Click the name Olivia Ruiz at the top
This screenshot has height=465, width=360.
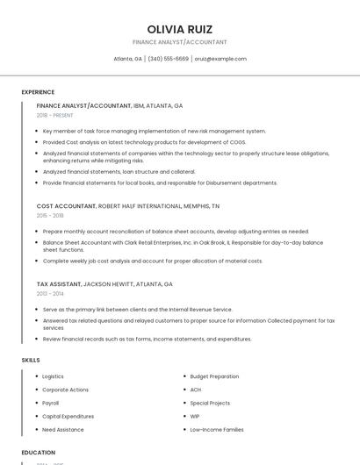coord(180,29)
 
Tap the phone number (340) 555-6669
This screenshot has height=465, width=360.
coord(169,59)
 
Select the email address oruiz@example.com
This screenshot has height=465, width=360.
coord(220,59)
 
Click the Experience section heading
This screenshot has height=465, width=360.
coord(38,92)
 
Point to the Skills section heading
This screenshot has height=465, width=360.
coord(31,360)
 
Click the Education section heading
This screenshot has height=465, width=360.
coord(38,453)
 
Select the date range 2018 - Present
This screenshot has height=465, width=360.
coord(54,115)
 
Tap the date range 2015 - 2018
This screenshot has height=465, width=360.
coord(50,215)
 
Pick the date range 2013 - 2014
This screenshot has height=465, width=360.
coord(50,294)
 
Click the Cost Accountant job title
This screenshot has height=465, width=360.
coord(66,205)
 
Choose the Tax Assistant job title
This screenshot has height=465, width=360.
coord(59,284)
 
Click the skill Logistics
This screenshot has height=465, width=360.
coord(53,376)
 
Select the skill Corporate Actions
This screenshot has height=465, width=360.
coord(65,390)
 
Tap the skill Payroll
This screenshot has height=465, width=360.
coord(51,403)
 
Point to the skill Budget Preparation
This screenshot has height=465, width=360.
coord(214,376)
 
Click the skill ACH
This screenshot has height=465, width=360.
coord(196,390)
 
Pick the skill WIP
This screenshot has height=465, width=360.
coord(195,416)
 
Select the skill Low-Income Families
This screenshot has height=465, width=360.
coord(217,430)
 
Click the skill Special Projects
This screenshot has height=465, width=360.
coord(210,403)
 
